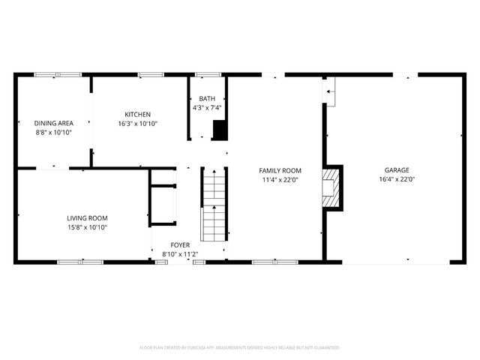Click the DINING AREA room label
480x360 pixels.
point(53,122)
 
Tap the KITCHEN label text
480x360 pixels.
point(138,114)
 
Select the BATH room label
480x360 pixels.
point(206,99)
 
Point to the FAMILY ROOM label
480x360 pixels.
point(280,170)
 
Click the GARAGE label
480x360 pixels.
point(397,170)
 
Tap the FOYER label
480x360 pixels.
point(180,244)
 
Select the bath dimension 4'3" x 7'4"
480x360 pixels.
point(206,108)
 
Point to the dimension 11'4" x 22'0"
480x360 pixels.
point(280,179)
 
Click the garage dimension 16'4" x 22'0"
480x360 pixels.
point(397,179)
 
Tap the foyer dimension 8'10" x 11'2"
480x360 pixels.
point(180,253)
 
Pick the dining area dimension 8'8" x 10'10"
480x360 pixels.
point(53,131)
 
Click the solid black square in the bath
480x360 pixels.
point(220,130)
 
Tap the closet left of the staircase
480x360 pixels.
point(163,196)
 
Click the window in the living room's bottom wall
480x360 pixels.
point(80,262)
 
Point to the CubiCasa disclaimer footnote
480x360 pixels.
point(240,348)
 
